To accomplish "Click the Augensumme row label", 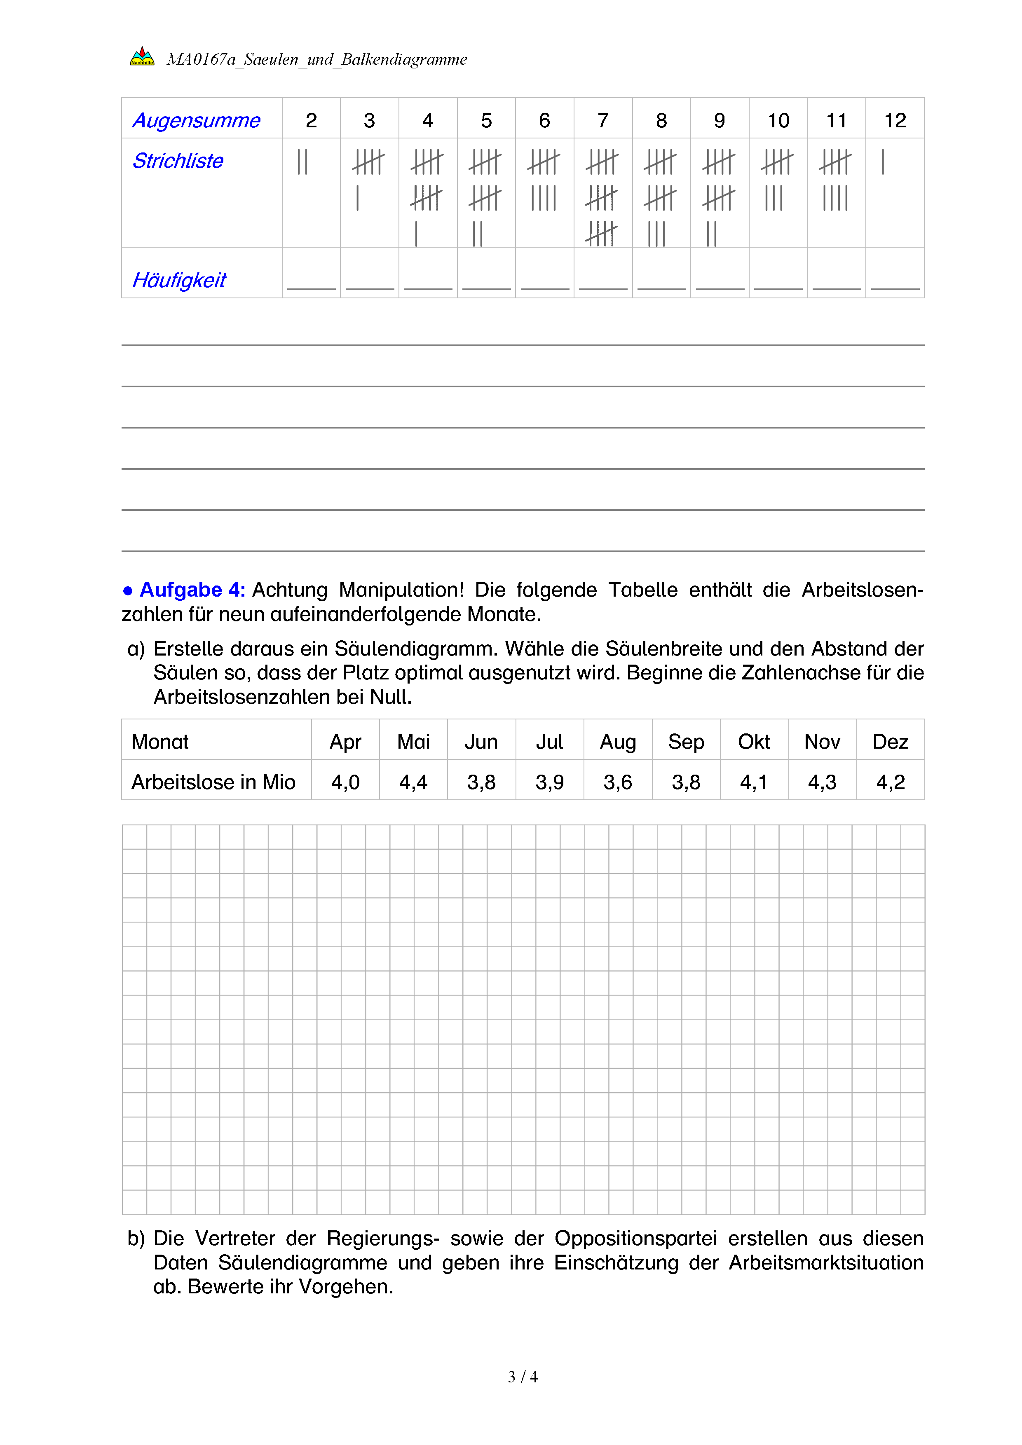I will click(x=196, y=120).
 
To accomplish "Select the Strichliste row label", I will click(x=178, y=161).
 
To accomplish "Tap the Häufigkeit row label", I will click(x=179, y=280).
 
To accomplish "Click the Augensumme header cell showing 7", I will click(x=603, y=120).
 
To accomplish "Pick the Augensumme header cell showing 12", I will click(x=895, y=120).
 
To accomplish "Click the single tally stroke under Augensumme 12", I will click(x=883, y=162).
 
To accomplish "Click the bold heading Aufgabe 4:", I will click(x=192, y=590).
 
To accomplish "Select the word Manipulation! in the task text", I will click(x=401, y=590).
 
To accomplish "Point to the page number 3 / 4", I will click(x=522, y=1377).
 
